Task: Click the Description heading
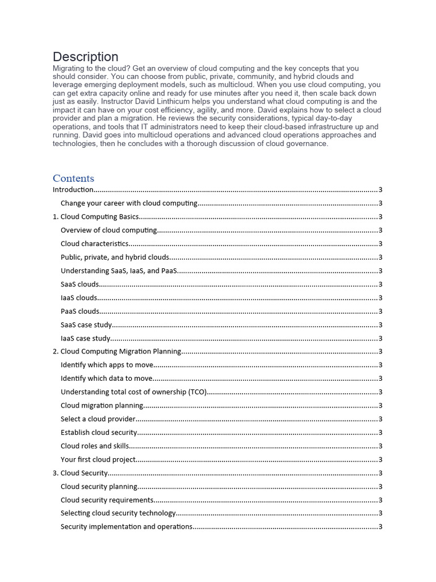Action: (x=86, y=57)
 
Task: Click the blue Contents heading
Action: (x=73, y=178)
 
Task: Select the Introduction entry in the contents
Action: (x=73, y=190)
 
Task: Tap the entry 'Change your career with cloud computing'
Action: (x=129, y=203)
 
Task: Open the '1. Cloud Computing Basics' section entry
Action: (x=95, y=217)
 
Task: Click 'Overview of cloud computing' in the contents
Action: (x=108, y=230)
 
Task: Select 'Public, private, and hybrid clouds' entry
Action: (x=115, y=257)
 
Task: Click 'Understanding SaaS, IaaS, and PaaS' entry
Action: (x=119, y=271)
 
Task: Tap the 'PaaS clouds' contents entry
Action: (x=80, y=311)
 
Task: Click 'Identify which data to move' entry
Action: (x=107, y=379)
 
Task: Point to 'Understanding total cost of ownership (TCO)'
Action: (x=134, y=392)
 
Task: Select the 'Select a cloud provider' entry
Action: (x=98, y=419)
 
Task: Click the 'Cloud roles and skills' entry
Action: (x=95, y=446)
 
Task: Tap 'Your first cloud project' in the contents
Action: (x=98, y=459)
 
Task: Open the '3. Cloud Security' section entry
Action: (x=80, y=473)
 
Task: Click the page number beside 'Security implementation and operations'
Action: (x=380, y=527)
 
